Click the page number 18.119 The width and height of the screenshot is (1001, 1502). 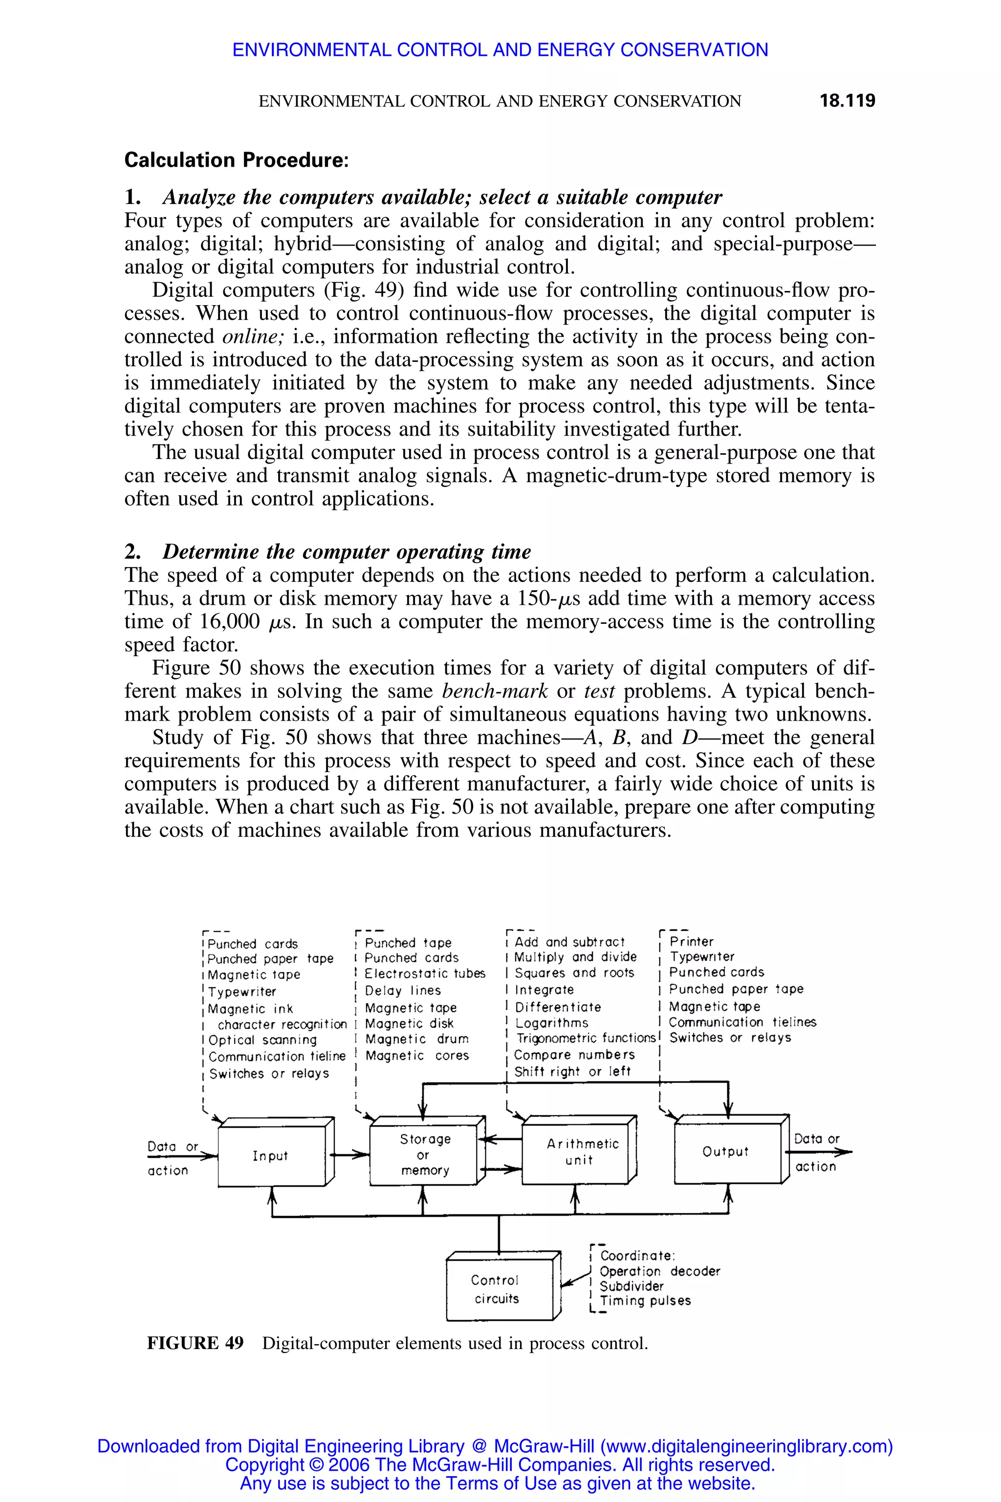click(847, 101)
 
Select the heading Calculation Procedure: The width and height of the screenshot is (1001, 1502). click(236, 160)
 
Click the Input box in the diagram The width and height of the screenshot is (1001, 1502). click(271, 1156)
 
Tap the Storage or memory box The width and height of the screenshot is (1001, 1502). click(425, 1154)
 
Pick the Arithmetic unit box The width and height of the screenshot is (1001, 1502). click(578, 1152)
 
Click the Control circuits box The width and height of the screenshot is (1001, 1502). click(497, 1289)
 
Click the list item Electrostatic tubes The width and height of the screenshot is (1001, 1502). click(425, 974)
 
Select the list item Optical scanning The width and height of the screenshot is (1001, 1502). click(262, 1039)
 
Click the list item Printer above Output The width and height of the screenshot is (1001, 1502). click(692, 941)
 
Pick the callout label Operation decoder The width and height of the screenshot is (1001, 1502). click(659, 1271)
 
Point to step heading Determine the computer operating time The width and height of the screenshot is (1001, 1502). click(346, 551)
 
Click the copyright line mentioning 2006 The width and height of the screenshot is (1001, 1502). click(500, 1464)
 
